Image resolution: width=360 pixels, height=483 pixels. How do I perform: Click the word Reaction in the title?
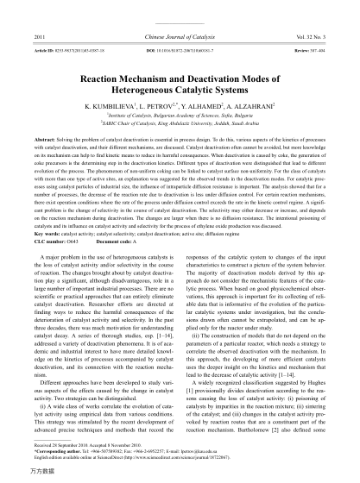tap(103, 77)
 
